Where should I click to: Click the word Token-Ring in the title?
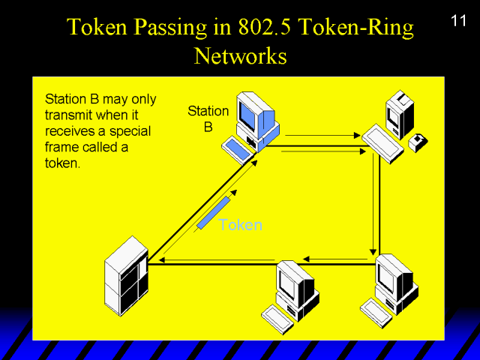[x=361, y=28]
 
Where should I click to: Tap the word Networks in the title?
[x=240, y=55]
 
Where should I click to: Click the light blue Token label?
[x=240, y=225]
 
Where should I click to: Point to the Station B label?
[x=208, y=119]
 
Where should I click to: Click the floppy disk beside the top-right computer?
[x=418, y=142]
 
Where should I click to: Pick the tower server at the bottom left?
[x=125, y=275]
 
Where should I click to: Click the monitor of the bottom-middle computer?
[x=290, y=281]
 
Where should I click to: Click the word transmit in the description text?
[x=68, y=115]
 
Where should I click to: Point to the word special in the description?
[x=132, y=131]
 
